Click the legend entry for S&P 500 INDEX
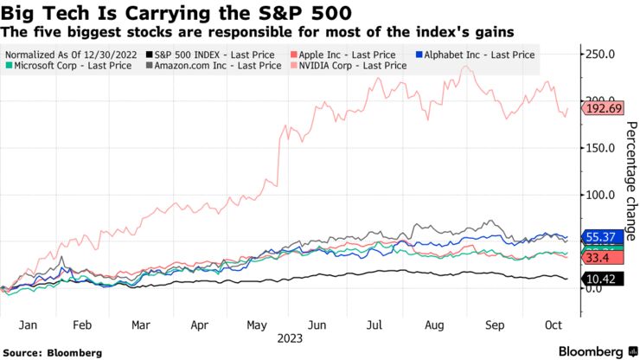(x=201, y=54)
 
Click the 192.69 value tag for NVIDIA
(x=597, y=109)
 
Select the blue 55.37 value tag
(x=597, y=236)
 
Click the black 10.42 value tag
(x=597, y=279)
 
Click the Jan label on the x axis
(x=27, y=326)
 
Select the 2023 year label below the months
(x=291, y=340)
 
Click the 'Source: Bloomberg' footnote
(x=53, y=353)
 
